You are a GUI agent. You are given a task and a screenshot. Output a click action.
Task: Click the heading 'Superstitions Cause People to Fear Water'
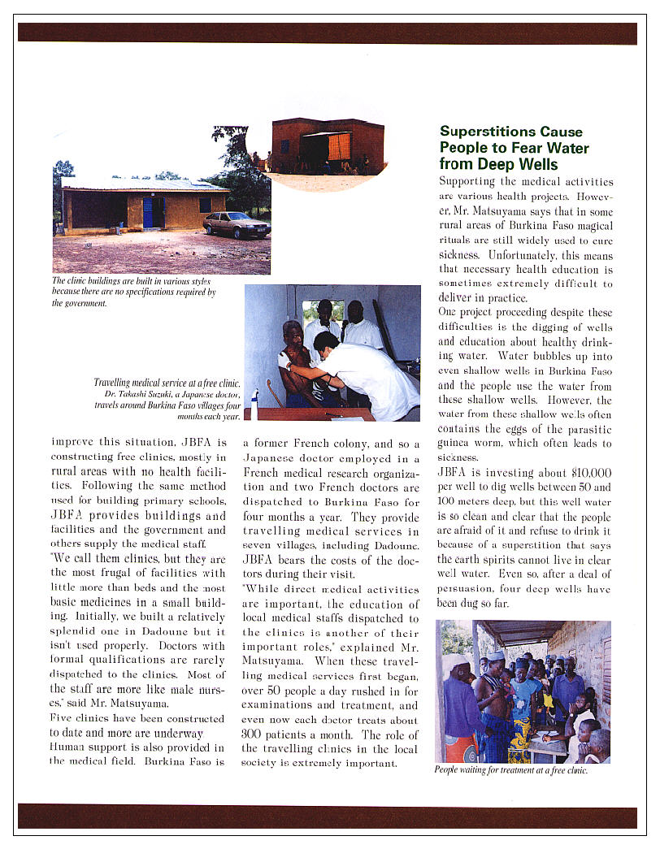pyautogui.click(x=514, y=148)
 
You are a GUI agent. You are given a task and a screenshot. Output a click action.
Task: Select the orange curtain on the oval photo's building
pyautogui.click(x=339, y=146)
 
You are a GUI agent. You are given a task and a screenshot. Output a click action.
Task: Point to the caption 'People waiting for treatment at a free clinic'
pyautogui.click(x=510, y=770)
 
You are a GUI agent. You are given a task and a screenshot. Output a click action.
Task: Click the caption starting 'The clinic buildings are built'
pyautogui.click(x=134, y=292)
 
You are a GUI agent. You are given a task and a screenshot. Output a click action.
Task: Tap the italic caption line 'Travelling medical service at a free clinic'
pyautogui.click(x=167, y=382)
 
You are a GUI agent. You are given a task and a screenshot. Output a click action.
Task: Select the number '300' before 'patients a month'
pyautogui.click(x=256, y=735)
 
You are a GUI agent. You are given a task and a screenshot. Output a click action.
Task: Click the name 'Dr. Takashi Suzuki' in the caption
pyautogui.click(x=130, y=393)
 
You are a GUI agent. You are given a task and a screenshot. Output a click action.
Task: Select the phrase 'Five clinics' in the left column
pyautogui.click(x=80, y=718)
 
